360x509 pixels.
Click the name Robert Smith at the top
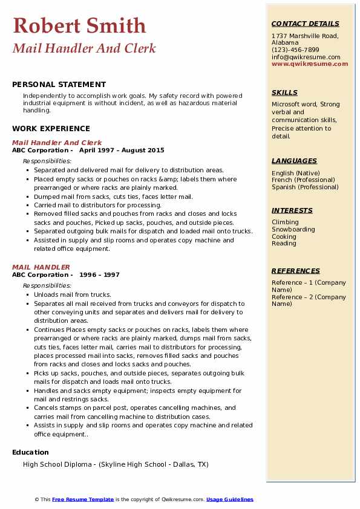coord(79,25)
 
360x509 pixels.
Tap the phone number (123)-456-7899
coord(295,50)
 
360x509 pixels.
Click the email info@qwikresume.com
coord(306,57)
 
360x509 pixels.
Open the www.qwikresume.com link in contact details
coord(310,63)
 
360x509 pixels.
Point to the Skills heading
coord(284,92)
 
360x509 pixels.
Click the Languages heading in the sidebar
coord(294,161)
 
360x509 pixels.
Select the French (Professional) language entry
coord(303,180)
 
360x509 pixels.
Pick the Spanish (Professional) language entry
coord(305,187)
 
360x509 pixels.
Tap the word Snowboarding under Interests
coord(293,230)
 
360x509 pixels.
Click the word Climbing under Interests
coord(285,222)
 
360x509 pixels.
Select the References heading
coord(295,271)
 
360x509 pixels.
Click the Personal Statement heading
coord(59,85)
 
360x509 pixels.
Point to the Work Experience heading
coord(51,128)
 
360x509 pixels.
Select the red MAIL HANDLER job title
coord(41,267)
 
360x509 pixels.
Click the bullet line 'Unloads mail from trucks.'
coord(73,295)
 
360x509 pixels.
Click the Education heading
coord(30,452)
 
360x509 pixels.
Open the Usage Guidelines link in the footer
coord(229,499)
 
